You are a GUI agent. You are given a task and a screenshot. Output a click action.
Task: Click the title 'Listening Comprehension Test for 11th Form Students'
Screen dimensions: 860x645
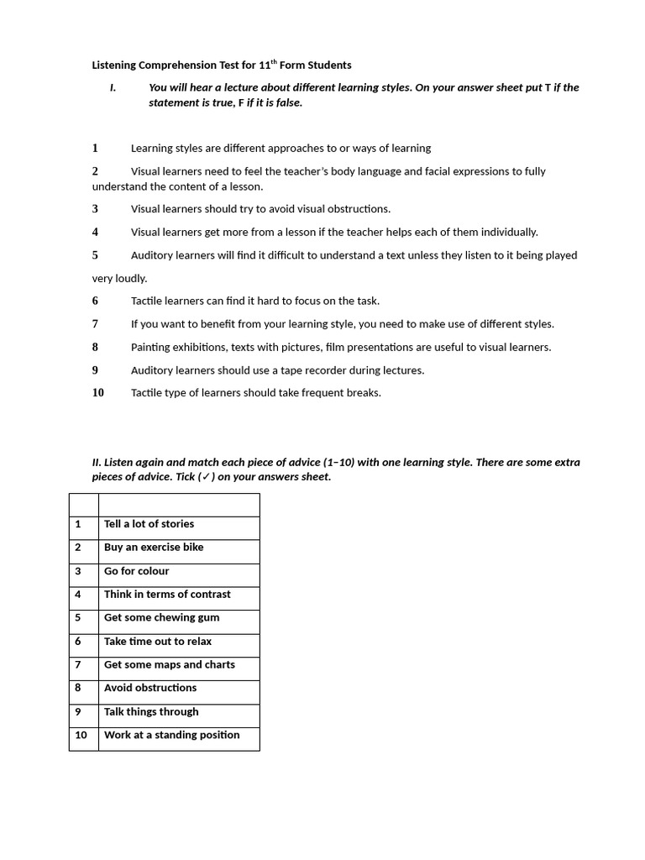click(x=222, y=65)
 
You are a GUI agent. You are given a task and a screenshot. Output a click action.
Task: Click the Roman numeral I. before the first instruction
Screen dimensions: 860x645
click(x=113, y=87)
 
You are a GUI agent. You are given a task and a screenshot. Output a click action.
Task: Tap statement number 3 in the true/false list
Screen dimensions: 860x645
click(x=95, y=209)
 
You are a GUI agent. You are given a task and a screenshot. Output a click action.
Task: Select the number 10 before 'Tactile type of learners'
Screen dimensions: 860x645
click(x=98, y=392)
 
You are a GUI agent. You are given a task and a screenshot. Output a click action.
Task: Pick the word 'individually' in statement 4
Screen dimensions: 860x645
click(x=506, y=232)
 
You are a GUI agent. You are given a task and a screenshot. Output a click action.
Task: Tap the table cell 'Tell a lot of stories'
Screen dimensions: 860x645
click(x=178, y=524)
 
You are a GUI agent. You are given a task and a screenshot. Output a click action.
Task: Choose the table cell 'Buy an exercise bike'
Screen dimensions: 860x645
click(x=178, y=548)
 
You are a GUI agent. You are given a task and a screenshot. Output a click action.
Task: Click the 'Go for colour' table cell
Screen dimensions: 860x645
click(x=178, y=571)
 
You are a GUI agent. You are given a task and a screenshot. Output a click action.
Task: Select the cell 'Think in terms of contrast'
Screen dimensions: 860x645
click(x=178, y=595)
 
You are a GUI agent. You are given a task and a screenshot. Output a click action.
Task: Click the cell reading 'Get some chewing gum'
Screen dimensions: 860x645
click(x=178, y=618)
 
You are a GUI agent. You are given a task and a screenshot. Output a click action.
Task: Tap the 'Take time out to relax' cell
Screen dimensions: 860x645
click(x=178, y=642)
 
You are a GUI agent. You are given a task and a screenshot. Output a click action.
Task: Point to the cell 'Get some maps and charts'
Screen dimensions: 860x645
click(x=178, y=665)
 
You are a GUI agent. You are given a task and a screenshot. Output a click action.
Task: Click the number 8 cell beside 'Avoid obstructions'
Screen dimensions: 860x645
click(x=83, y=688)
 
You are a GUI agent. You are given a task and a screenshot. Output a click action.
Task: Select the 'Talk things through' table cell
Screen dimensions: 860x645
click(x=178, y=712)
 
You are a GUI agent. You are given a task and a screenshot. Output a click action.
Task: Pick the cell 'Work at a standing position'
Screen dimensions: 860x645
click(x=178, y=736)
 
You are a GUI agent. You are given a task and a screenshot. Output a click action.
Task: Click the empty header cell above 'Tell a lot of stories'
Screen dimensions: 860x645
click(x=178, y=505)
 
